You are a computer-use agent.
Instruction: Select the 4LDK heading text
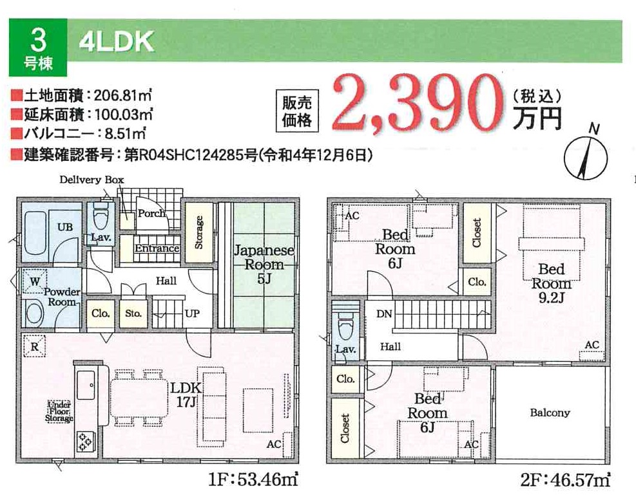tap(117, 42)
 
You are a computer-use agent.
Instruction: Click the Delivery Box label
tap(92, 180)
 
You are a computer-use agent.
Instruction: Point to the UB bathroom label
tap(65, 227)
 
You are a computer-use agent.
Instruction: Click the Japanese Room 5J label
tap(264, 265)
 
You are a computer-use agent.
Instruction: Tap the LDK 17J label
tap(186, 395)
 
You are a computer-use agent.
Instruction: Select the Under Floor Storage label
tap(59, 411)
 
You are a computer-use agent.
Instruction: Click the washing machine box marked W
tap(35, 281)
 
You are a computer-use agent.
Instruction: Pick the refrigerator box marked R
tap(35, 346)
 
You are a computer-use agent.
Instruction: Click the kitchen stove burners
tap(85, 442)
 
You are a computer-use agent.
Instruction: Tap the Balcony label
tap(550, 413)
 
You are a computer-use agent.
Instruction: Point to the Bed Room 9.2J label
tap(551, 283)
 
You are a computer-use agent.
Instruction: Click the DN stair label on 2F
tap(384, 313)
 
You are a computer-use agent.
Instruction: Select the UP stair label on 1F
tap(192, 313)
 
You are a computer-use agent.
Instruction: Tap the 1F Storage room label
tap(198, 232)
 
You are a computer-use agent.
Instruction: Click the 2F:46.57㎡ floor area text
tap(565, 480)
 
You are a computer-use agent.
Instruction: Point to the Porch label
tap(151, 213)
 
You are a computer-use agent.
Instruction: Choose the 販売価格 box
tap(297, 111)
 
